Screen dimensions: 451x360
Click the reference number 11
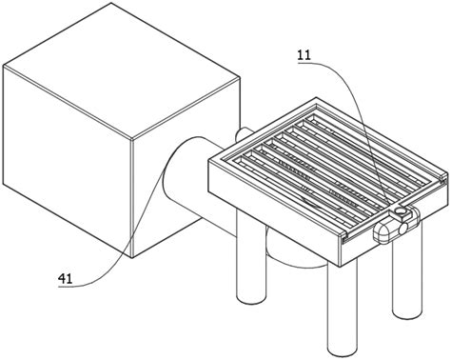pos(304,56)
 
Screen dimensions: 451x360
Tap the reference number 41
pos(65,279)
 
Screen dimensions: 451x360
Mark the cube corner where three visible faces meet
pos(131,140)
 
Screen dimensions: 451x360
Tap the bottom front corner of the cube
pos(131,258)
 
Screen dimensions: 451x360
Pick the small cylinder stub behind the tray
pos(243,134)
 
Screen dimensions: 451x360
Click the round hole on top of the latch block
pos(401,210)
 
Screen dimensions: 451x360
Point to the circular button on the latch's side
pos(403,229)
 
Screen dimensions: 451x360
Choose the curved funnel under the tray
pos(295,250)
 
